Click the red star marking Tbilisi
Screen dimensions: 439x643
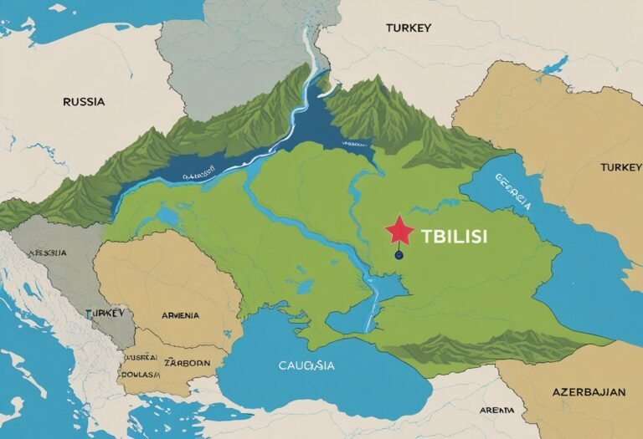click(x=399, y=230)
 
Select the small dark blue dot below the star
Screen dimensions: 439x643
click(x=399, y=253)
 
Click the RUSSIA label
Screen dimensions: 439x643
click(x=84, y=102)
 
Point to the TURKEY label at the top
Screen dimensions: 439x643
click(x=409, y=28)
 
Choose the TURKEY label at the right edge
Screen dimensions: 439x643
click(x=620, y=168)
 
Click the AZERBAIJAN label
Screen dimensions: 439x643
click(x=589, y=391)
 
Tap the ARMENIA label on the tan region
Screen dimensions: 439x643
click(x=180, y=315)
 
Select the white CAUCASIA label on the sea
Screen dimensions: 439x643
click(x=306, y=365)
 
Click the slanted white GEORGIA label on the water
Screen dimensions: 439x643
click(x=512, y=191)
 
